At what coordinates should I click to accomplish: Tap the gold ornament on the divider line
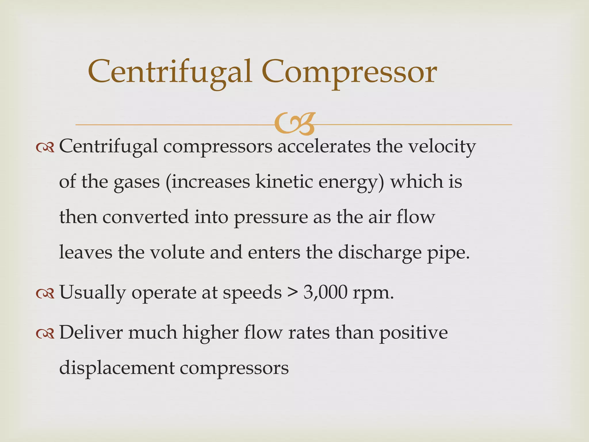(295, 124)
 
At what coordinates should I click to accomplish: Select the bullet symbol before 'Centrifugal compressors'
(45, 148)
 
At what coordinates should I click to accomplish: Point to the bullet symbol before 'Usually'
(45, 294)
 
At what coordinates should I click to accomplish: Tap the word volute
(177, 252)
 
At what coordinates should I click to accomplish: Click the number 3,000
(325, 293)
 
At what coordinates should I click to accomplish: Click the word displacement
(117, 368)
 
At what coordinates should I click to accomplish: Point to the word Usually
(92, 293)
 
